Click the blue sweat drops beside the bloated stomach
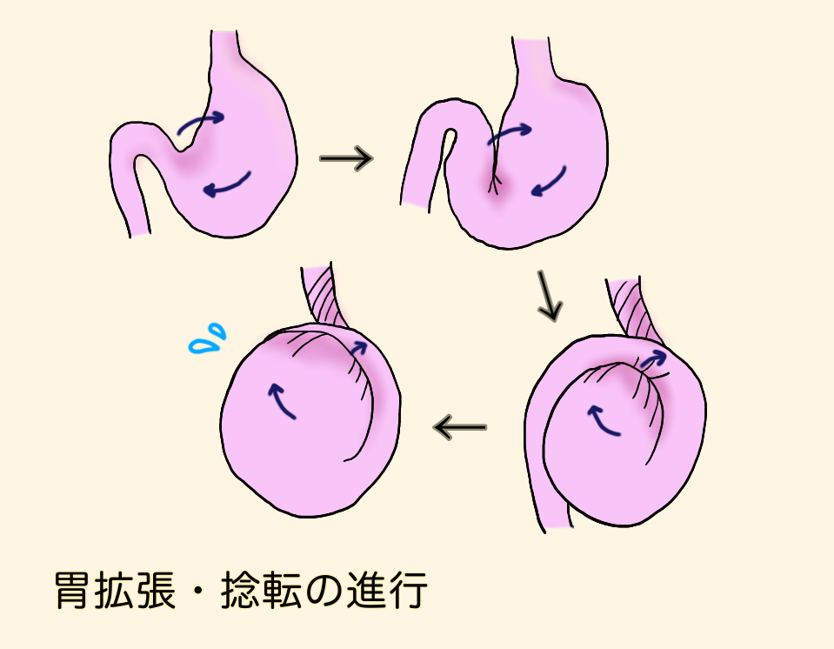point(207,341)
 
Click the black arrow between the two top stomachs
point(346,158)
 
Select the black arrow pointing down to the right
point(549,298)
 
